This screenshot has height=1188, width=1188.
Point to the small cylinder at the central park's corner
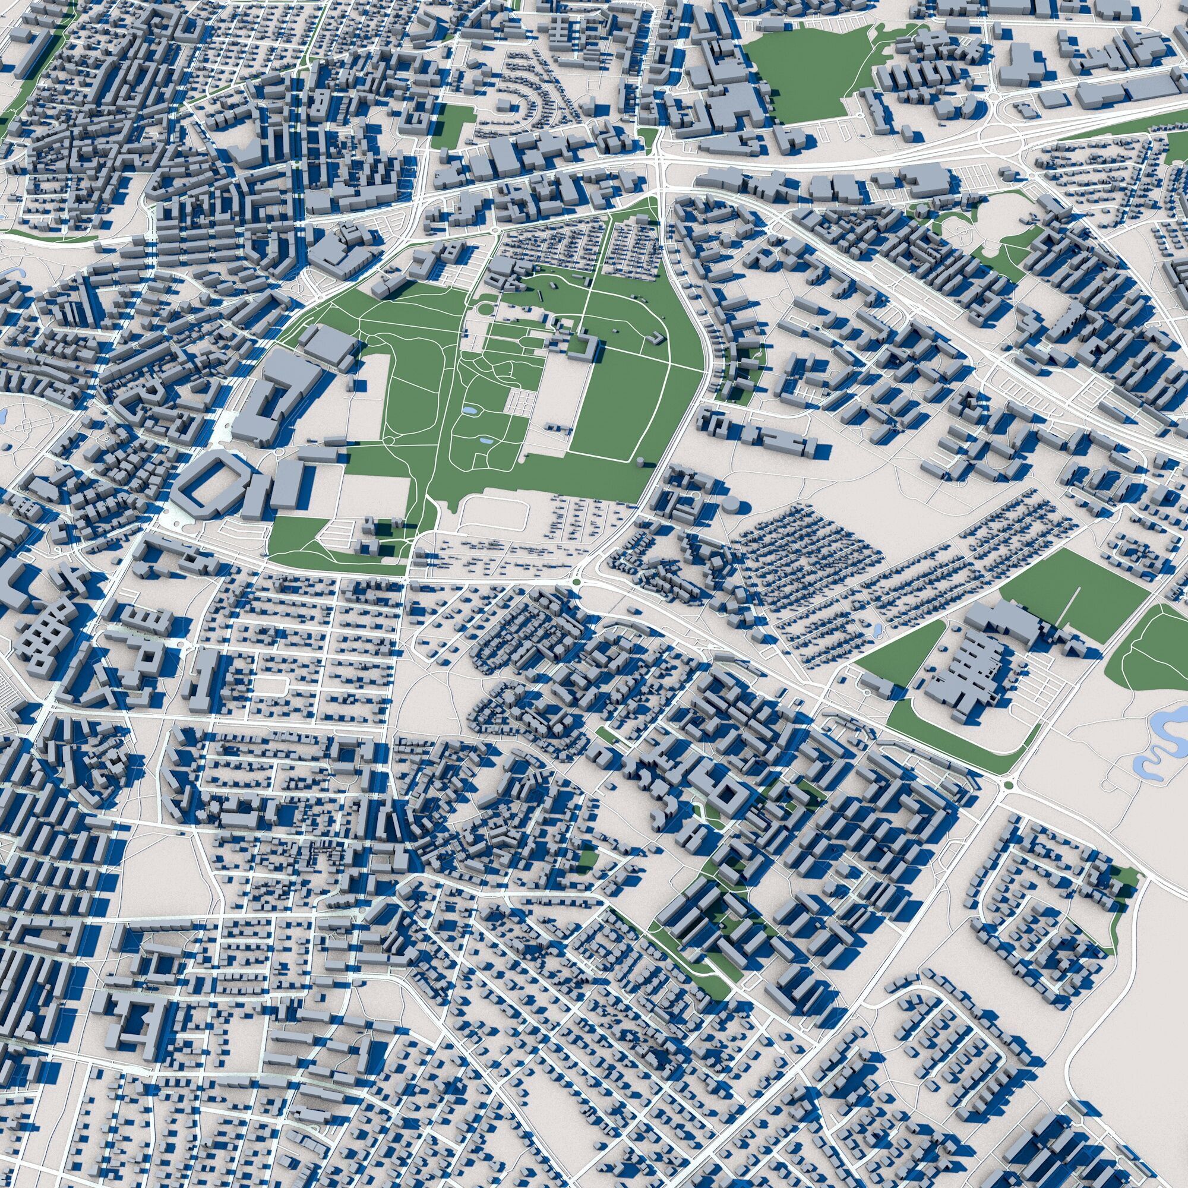(x=643, y=462)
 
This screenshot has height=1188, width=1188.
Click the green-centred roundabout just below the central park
(x=576, y=581)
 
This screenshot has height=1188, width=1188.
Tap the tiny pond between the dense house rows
(x=876, y=630)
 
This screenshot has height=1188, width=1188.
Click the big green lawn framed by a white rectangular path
(x=609, y=406)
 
